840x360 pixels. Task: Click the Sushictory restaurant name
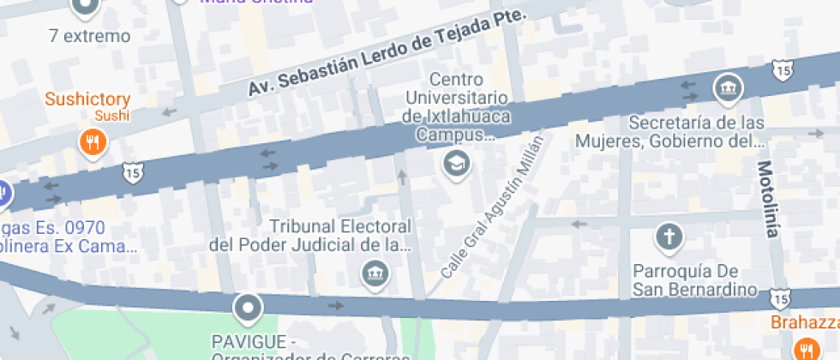coord(87,99)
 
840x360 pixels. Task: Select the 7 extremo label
coord(90,36)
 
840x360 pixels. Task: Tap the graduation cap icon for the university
coord(456,161)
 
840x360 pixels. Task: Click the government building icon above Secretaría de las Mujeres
coord(728,87)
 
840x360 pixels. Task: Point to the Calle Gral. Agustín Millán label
coord(493,206)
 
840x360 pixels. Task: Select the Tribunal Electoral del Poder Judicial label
coord(311,236)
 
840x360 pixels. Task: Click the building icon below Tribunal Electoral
coord(375,274)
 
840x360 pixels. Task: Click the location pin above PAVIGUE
coord(249,307)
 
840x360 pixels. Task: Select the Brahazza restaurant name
coord(804,323)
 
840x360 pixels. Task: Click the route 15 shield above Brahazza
coord(778,297)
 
